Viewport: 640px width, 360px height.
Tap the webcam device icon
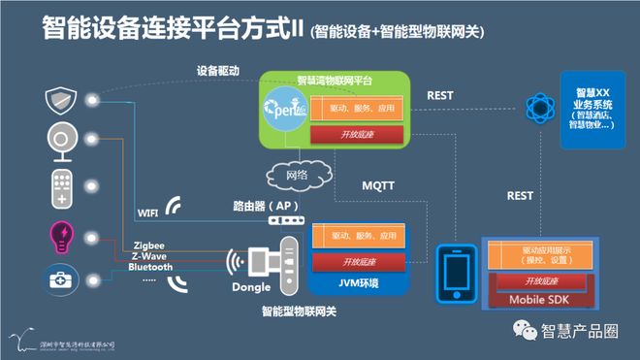[x=60, y=142]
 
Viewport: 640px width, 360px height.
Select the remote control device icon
[x=60, y=187]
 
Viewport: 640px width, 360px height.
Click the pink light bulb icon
[x=60, y=234]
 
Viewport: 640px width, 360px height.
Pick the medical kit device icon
[x=60, y=279]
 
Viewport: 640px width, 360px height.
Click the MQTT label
[x=379, y=184]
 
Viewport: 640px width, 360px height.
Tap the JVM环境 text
[x=358, y=282]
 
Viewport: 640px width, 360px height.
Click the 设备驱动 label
[x=217, y=71]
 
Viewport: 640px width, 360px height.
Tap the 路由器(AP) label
[x=266, y=206]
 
